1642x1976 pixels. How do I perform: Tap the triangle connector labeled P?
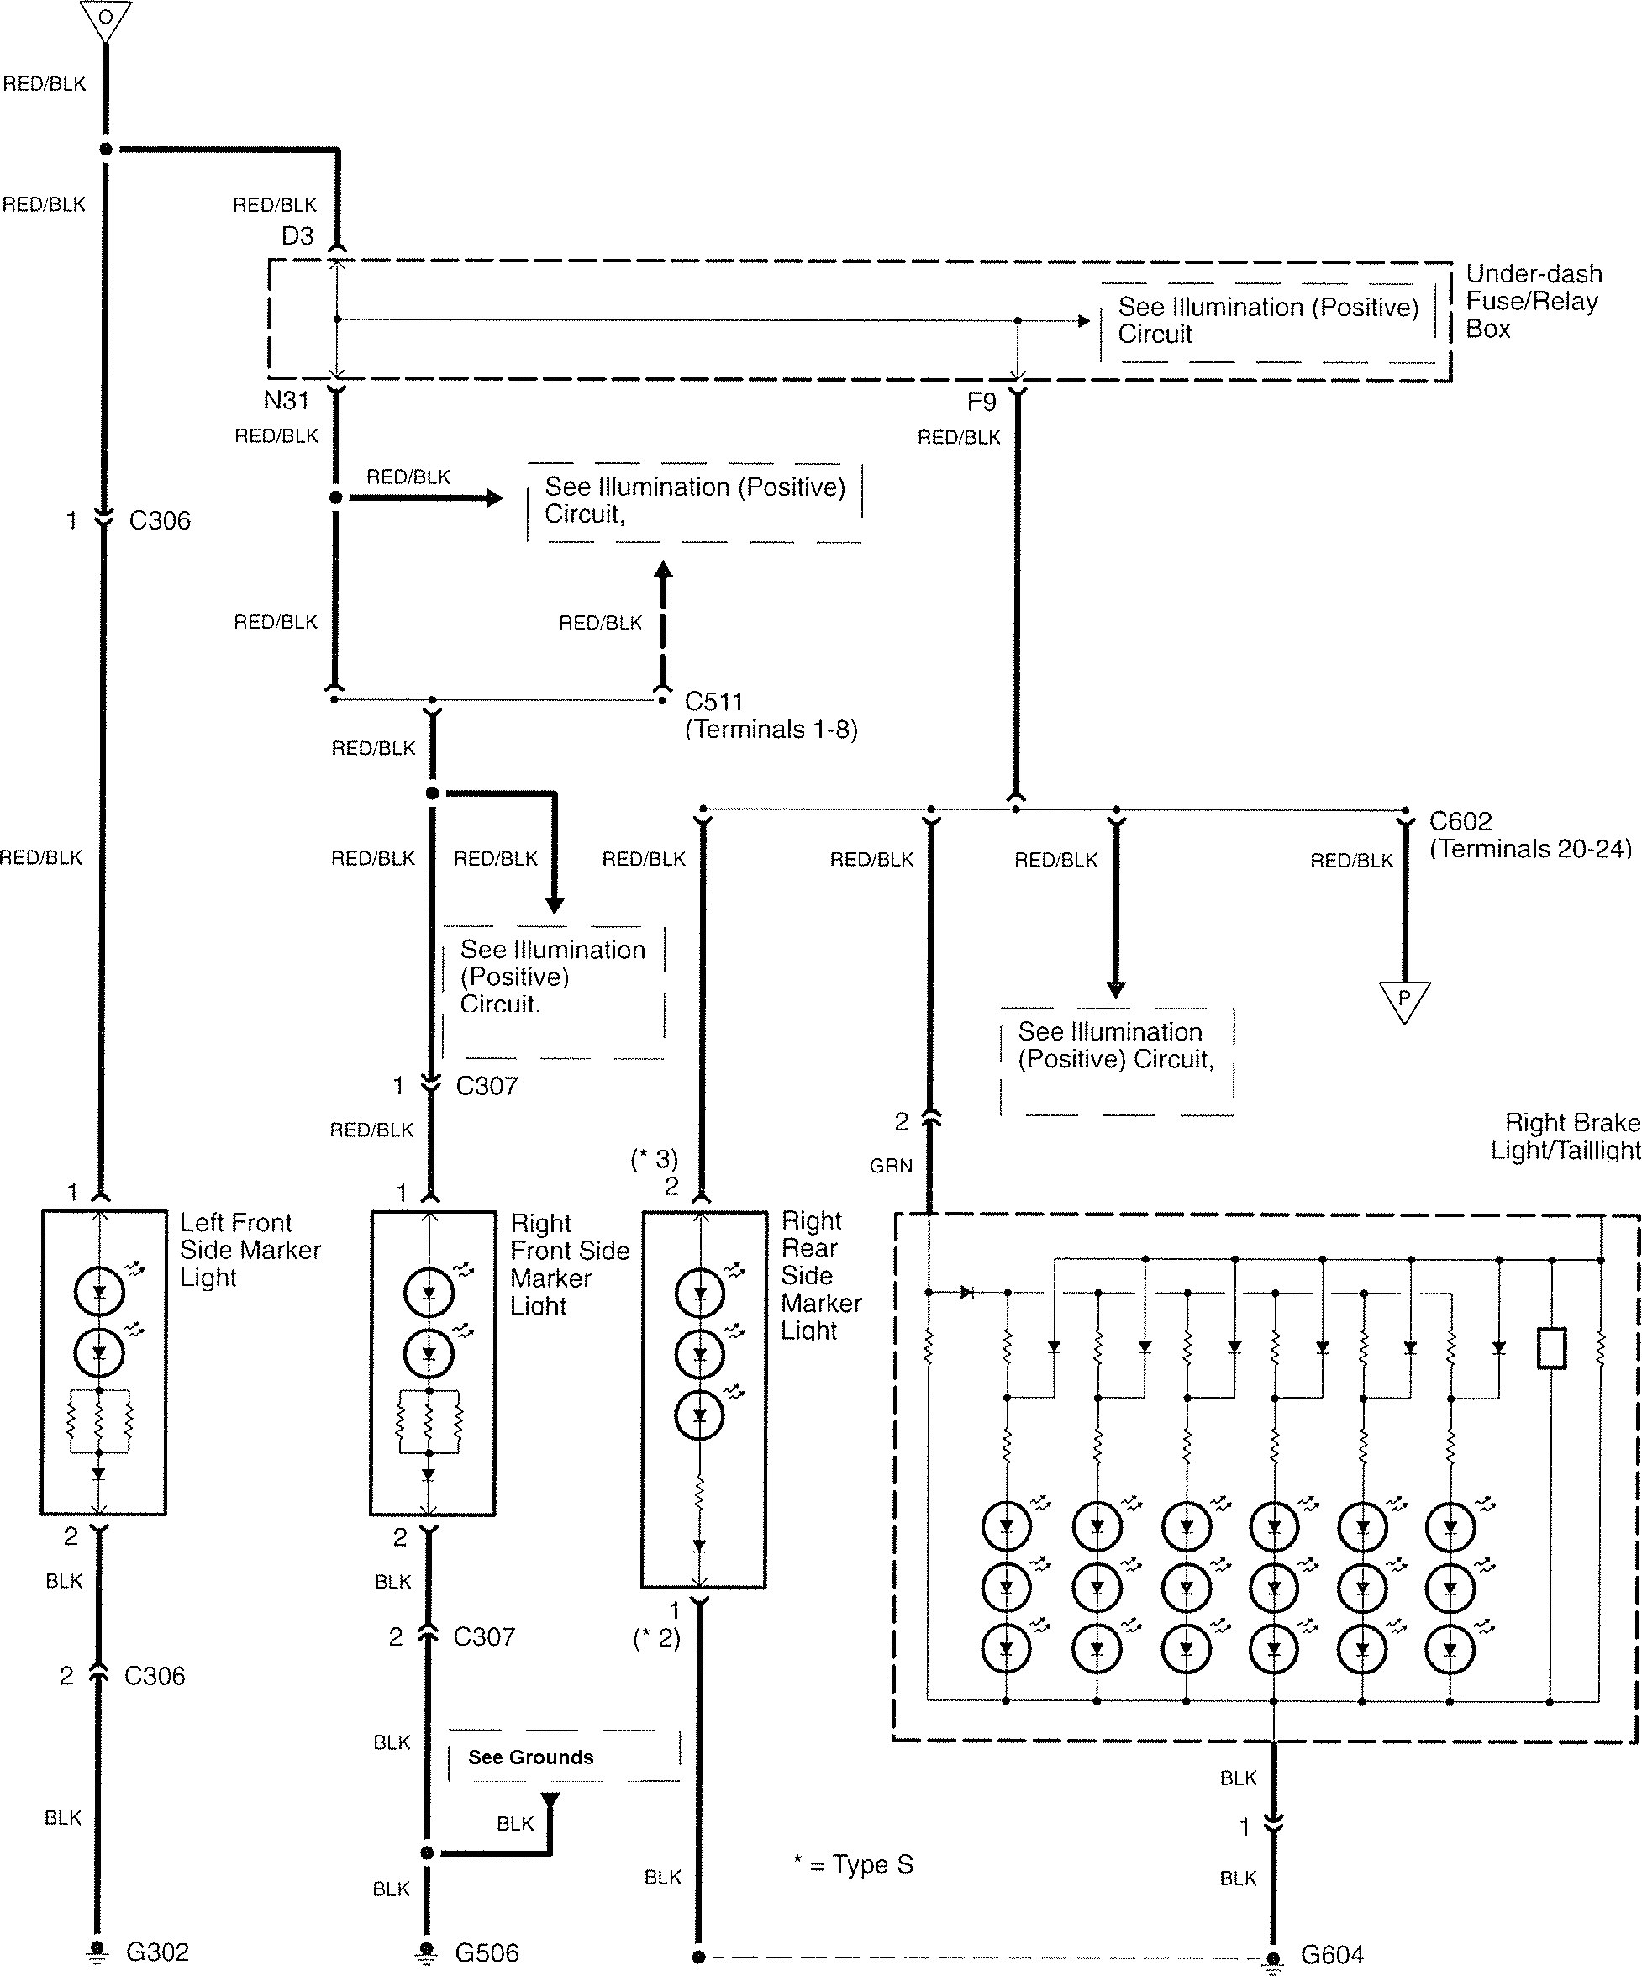click(x=1404, y=999)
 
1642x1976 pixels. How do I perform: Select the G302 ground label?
click(x=157, y=1952)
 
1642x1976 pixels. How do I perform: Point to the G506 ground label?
click(x=487, y=1953)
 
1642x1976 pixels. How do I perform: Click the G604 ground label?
click(x=1331, y=1955)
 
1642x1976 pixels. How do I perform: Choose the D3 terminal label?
click(x=297, y=236)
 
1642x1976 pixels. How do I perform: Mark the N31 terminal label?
click(x=286, y=401)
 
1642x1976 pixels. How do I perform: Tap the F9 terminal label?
click(x=982, y=403)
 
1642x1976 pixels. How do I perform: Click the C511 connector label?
click(x=714, y=702)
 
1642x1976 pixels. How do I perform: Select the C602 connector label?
click(x=1460, y=821)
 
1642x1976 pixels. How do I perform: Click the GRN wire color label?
click(x=890, y=1166)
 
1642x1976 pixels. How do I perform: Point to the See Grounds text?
click(x=531, y=1757)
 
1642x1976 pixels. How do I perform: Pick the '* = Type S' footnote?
click(x=853, y=1865)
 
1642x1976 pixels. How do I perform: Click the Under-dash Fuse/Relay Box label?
click(x=1533, y=301)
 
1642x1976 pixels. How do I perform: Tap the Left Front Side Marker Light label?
click(x=250, y=1250)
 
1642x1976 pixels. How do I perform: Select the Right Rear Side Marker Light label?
click(x=820, y=1275)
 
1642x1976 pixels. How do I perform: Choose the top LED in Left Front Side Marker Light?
click(x=99, y=1292)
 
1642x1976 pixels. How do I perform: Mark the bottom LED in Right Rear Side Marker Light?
click(x=699, y=1415)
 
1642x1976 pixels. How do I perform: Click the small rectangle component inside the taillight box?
click(x=1550, y=1347)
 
